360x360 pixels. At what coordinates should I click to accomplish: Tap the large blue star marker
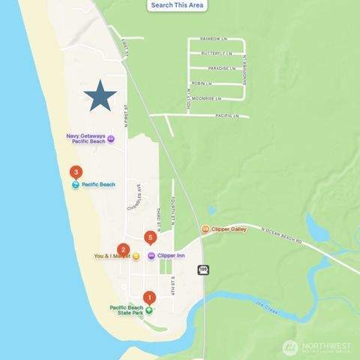pos(100,96)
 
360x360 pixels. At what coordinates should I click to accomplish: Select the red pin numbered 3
pos(76,172)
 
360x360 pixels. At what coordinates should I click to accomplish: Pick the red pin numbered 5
pos(151,238)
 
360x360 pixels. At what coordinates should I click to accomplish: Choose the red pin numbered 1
pos(148,297)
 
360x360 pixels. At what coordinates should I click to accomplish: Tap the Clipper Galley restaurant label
pos(228,229)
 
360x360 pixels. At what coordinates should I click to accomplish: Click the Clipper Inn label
pos(171,256)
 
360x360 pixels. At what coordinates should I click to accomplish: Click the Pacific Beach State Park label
pos(126,310)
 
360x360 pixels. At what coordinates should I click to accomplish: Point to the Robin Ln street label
pos(202,83)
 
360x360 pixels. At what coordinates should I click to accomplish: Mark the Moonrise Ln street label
pos(205,98)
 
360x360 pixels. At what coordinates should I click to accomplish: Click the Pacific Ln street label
pos(226,115)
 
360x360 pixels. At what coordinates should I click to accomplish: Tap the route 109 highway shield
pos(203,269)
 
